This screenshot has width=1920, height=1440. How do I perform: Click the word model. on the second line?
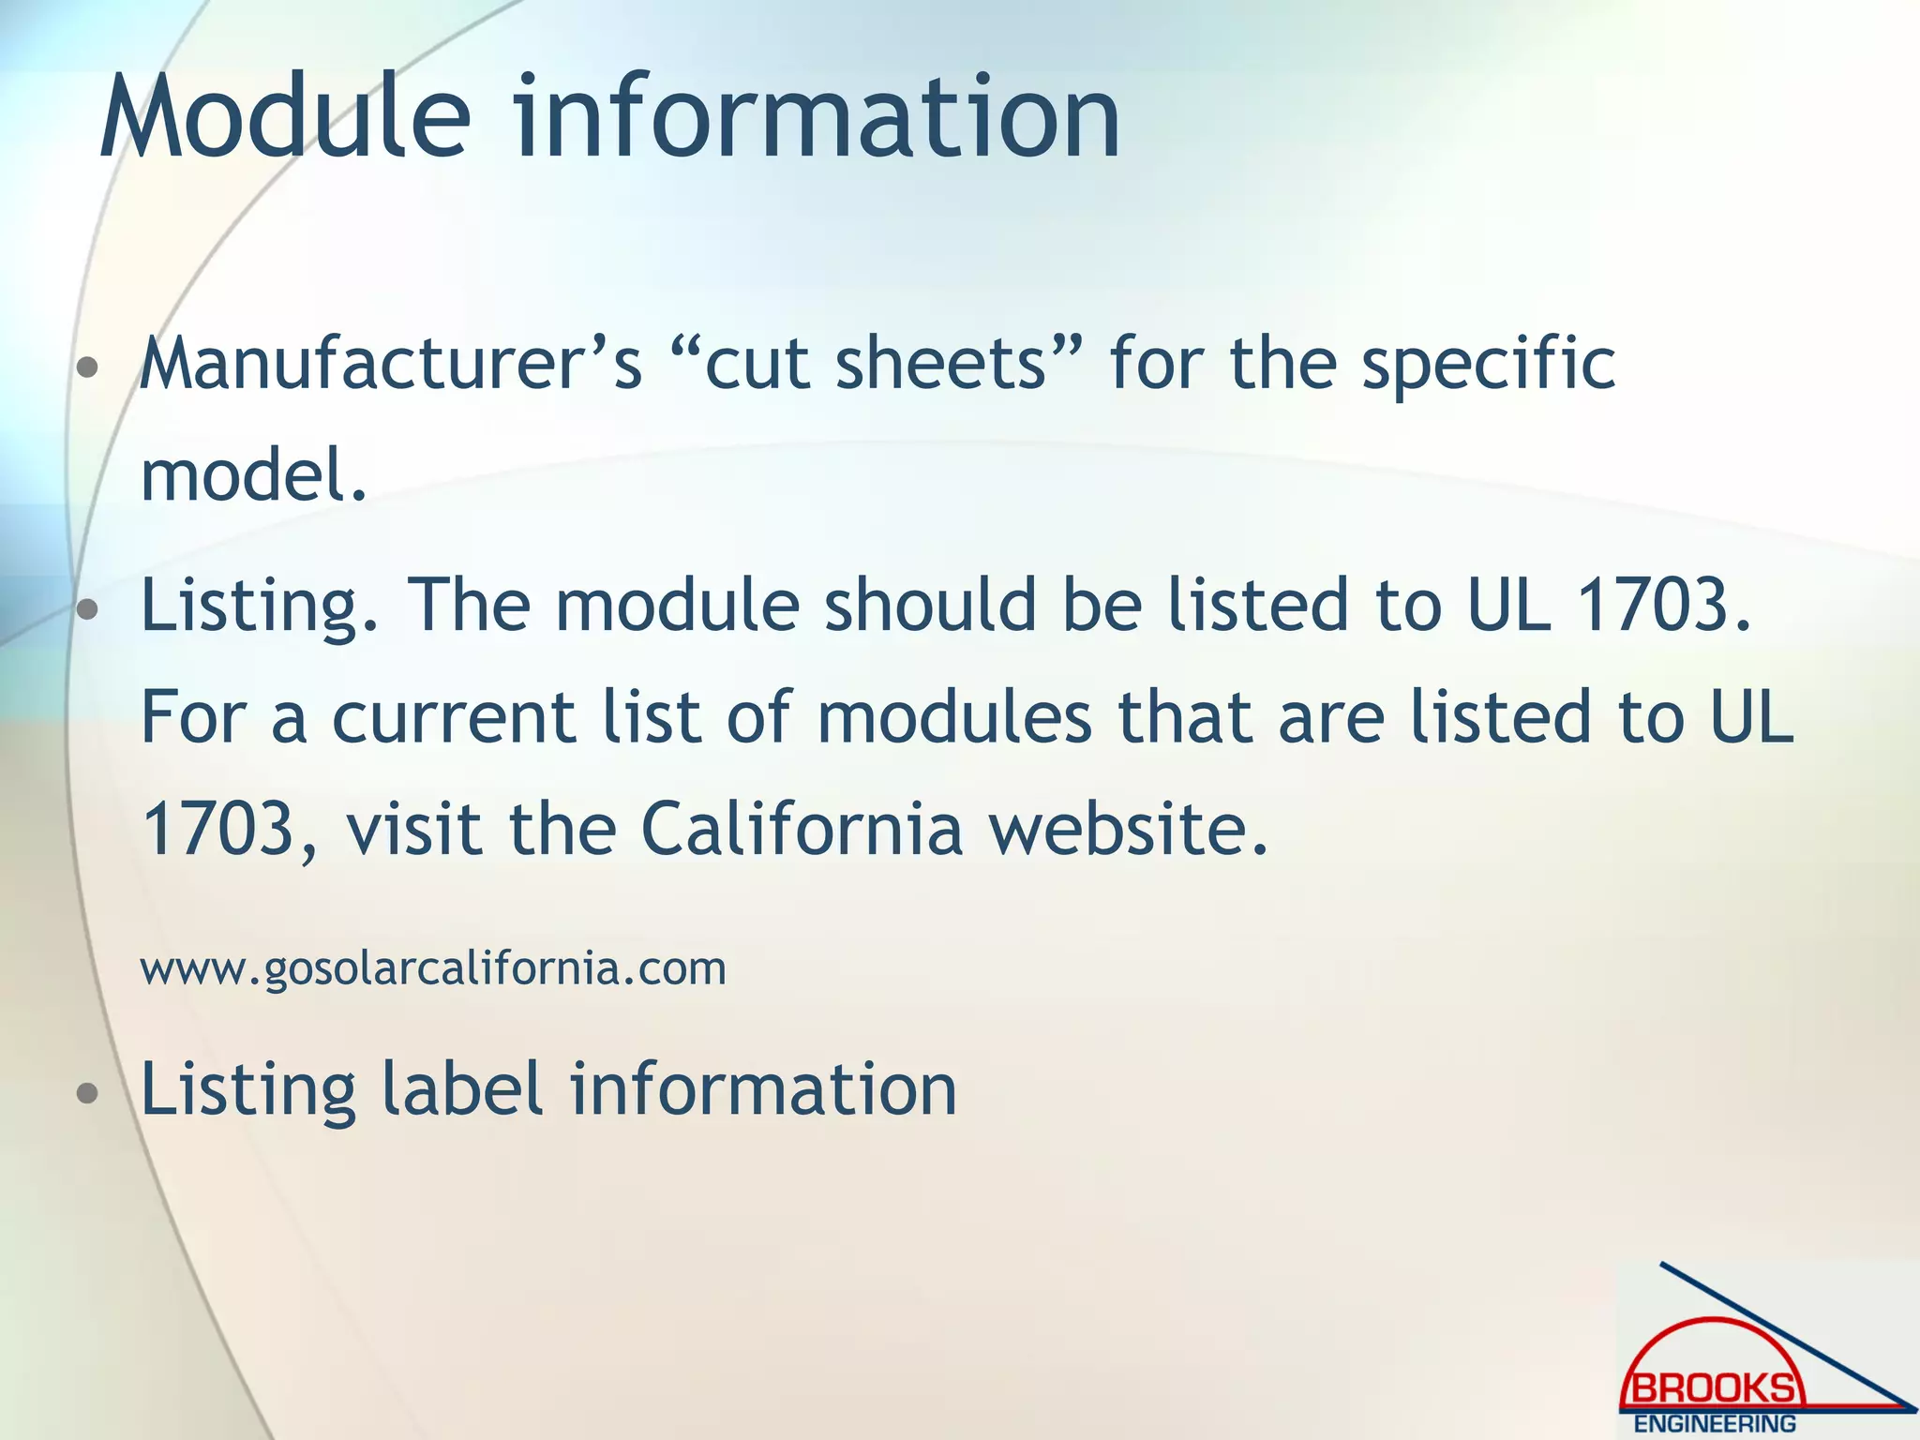[x=253, y=474]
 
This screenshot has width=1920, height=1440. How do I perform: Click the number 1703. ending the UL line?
[x=1663, y=605]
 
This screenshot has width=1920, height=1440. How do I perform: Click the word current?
[x=454, y=718]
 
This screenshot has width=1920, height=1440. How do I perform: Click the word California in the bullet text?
[x=802, y=830]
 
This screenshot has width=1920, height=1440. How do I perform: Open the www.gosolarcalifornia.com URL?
[x=433, y=968]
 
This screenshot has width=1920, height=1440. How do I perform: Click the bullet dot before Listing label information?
[x=87, y=1093]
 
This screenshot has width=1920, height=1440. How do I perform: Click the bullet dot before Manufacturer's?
[x=87, y=367]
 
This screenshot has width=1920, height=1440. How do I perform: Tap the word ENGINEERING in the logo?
[x=1715, y=1423]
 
